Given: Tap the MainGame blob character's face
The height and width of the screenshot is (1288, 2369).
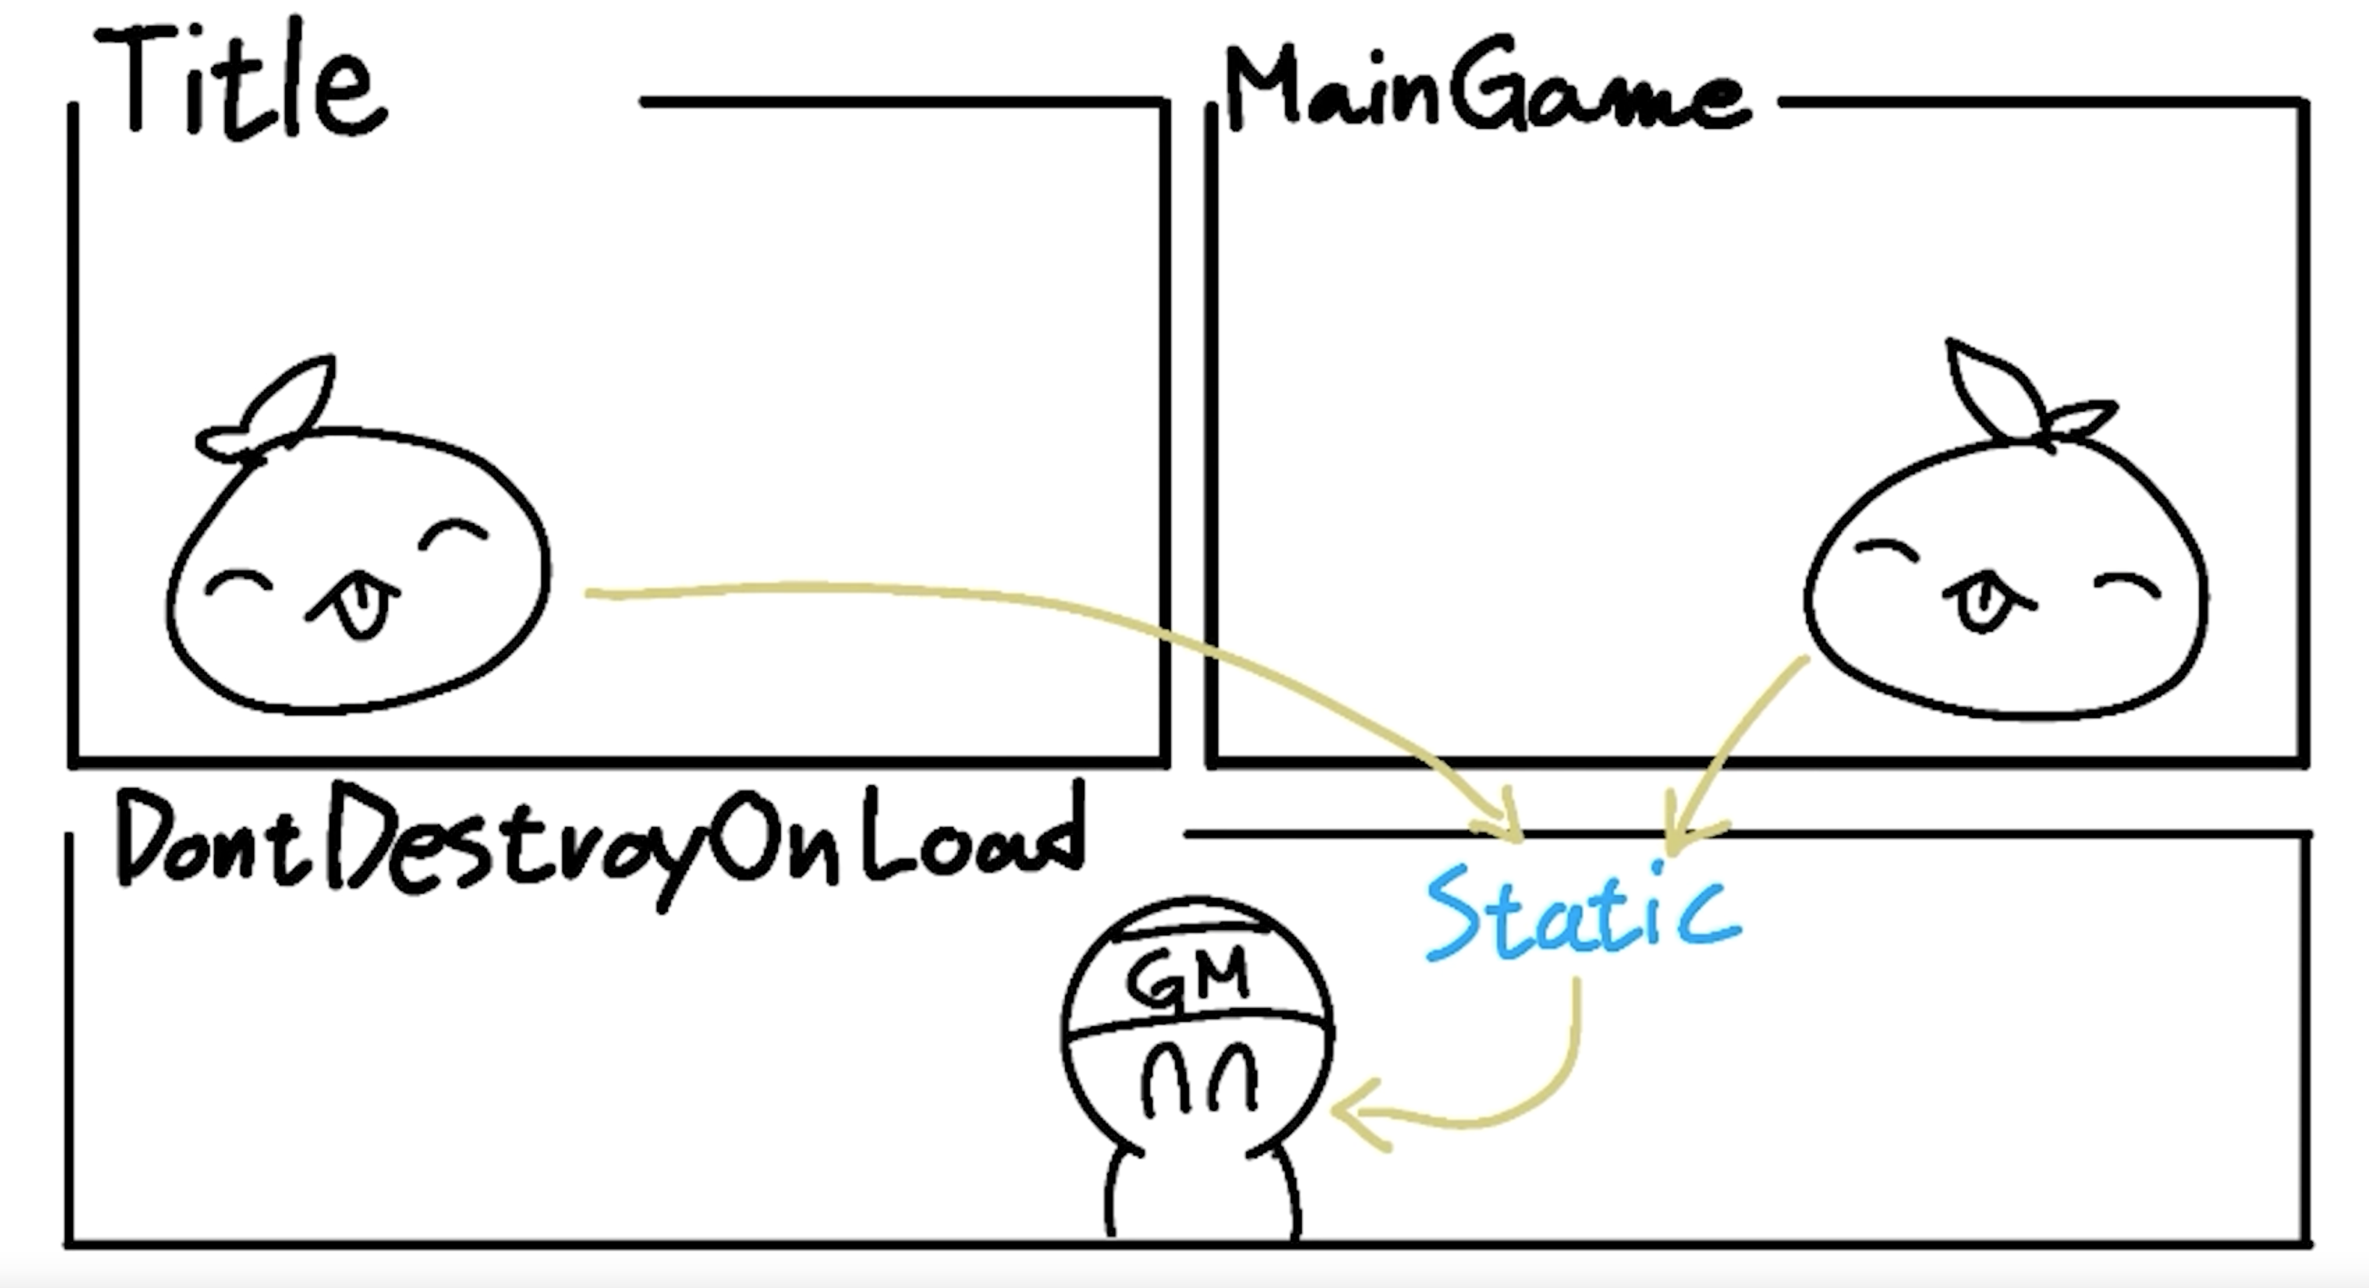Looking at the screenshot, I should click(2005, 580).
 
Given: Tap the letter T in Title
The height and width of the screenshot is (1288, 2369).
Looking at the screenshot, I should click(138, 78).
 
